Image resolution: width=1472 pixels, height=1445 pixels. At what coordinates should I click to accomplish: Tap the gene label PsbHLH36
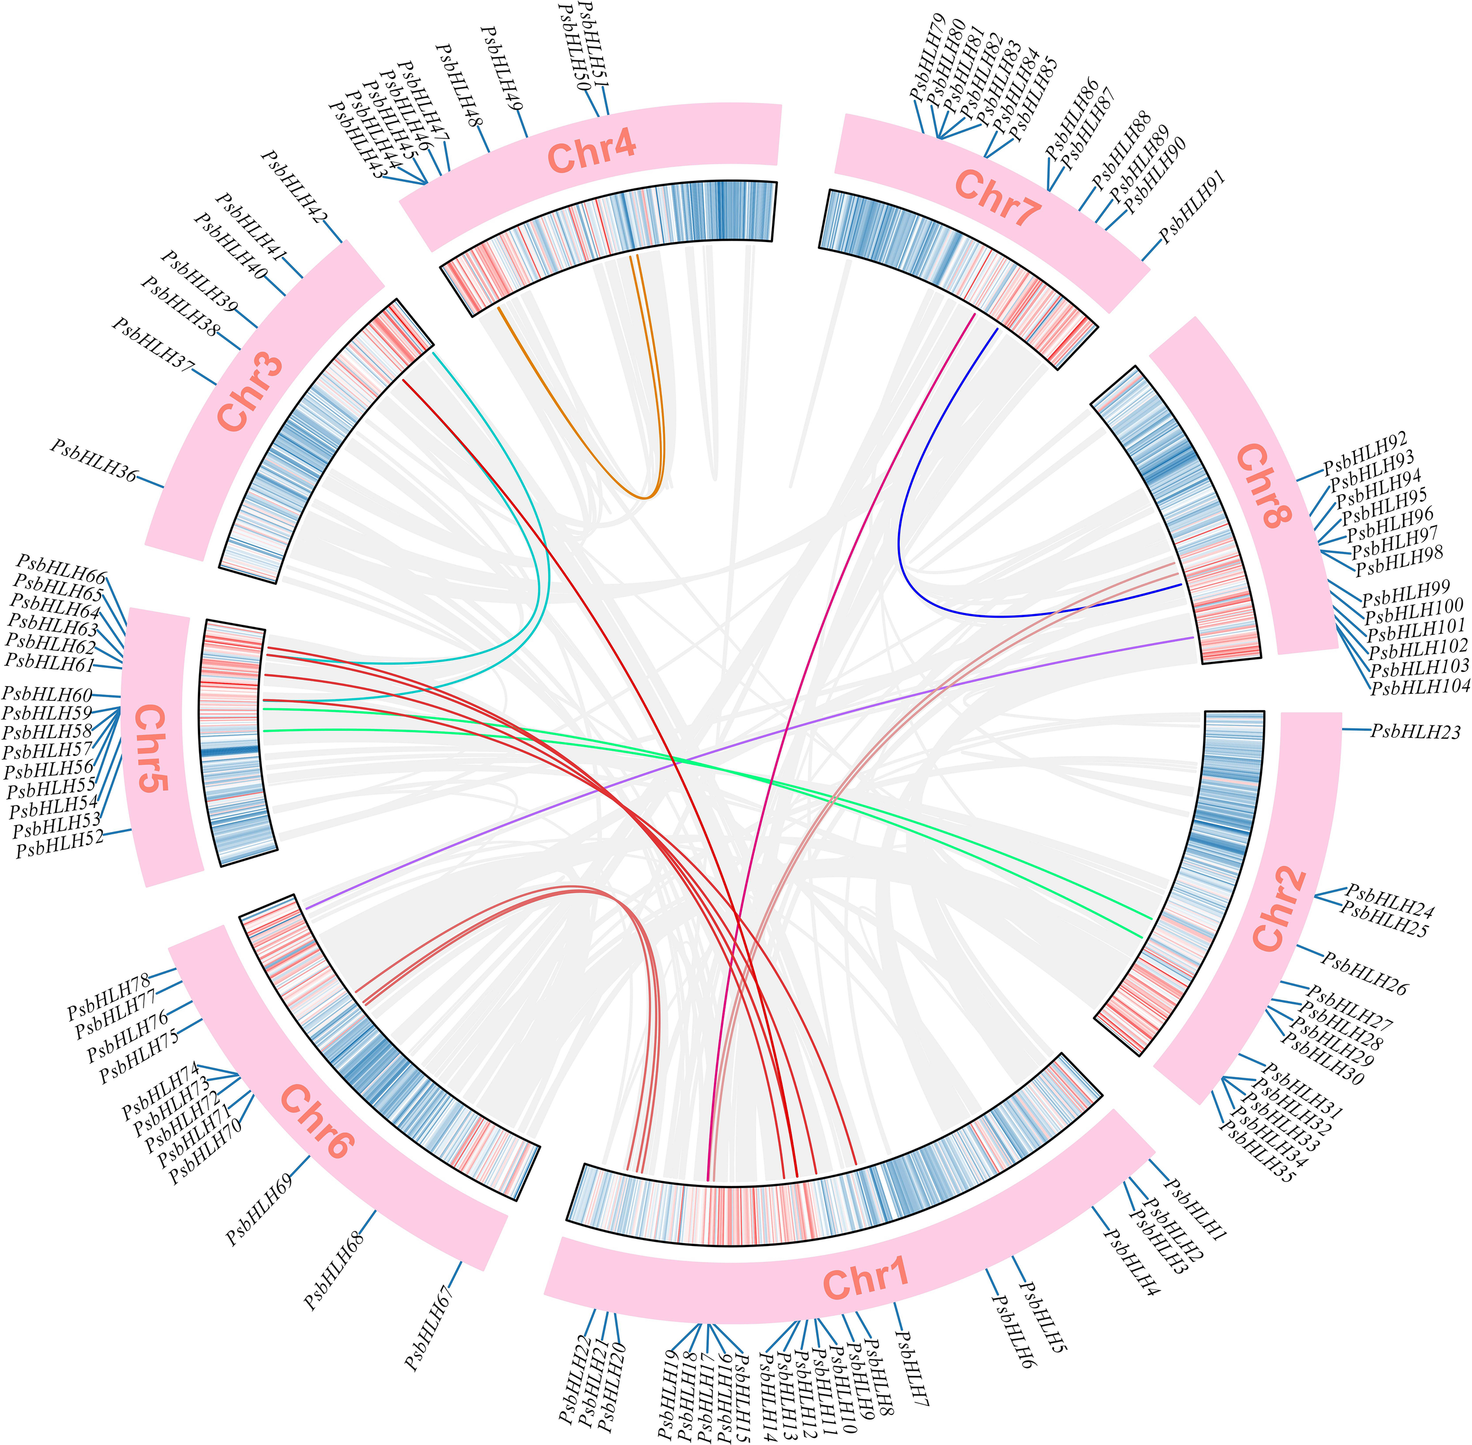95,460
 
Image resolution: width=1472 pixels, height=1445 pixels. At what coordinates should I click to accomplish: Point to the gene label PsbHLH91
1192,206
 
